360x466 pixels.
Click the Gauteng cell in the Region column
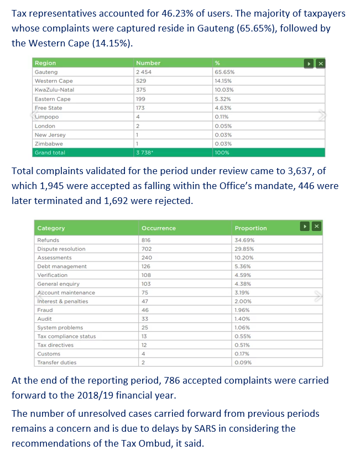point(46,72)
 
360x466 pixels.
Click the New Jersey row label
point(50,135)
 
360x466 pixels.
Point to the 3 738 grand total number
point(145,153)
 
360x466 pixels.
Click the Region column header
point(45,64)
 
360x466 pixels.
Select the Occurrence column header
point(159,228)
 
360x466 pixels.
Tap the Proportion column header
point(251,228)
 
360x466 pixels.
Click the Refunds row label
point(48,240)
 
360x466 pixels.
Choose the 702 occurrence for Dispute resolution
point(147,249)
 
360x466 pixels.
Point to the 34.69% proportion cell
point(244,240)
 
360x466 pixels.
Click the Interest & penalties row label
point(62,301)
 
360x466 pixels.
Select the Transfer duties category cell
point(56,363)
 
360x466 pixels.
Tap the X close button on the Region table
point(320,64)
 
